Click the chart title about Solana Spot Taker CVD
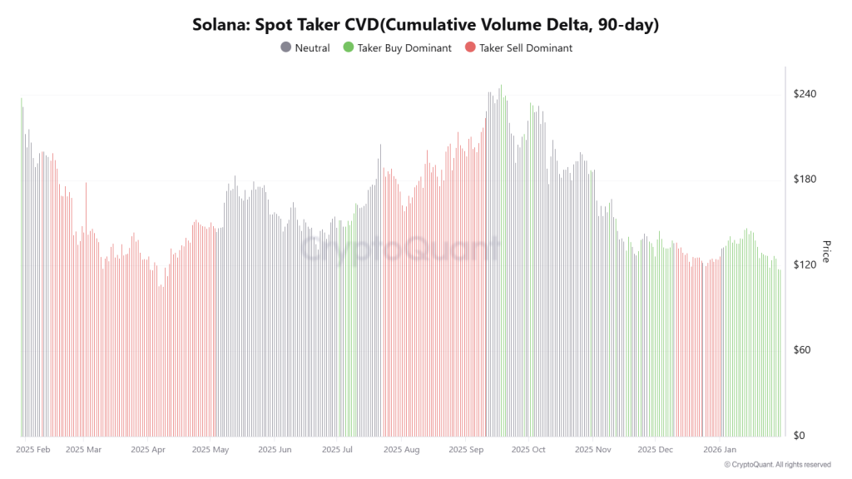(x=426, y=25)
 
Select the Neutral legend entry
(x=312, y=48)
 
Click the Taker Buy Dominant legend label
(x=404, y=48)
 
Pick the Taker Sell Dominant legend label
(x=526, y=48)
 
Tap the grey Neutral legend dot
(x=286, y=48)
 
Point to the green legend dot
(x=349, y=48)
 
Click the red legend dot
(x=470, y=48)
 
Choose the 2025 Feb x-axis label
(x=33, y=450)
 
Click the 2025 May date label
(x=210, y=450)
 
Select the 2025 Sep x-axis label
(x=467, y=450)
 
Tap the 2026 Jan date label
(x=721, y=450)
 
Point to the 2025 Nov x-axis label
(x=592, y=450)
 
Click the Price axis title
(x=826, y=251)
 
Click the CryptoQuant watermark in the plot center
(x=399, y=249)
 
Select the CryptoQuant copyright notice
(x=777, y=465)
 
